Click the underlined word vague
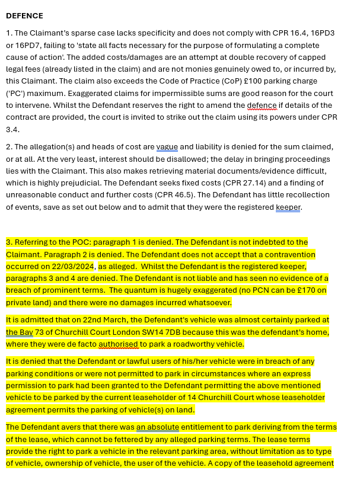(167, 147)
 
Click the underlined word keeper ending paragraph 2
(288, 207)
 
